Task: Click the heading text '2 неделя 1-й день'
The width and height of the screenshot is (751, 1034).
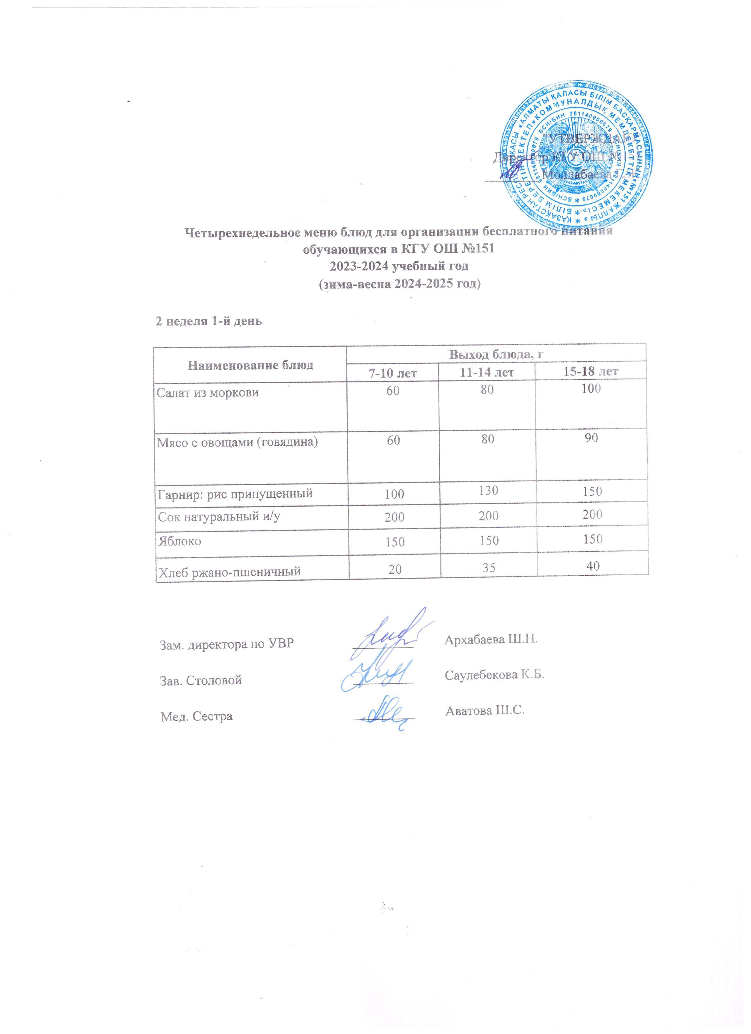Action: tap(209, 321)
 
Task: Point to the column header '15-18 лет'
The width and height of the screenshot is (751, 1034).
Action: tap(591, 371)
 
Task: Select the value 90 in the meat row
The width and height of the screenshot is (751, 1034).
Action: tap(592, 438)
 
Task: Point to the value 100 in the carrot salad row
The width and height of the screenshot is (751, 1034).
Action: tap(591, 389)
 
